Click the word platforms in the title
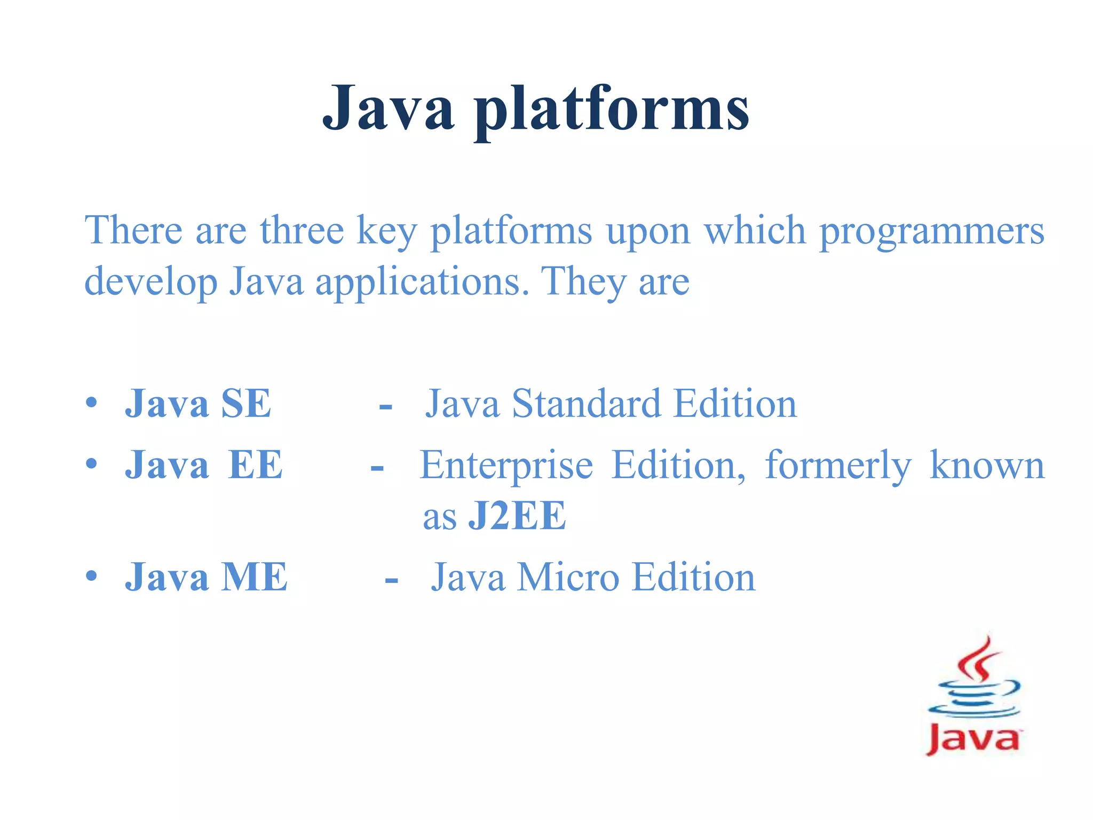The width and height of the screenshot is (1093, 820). click(612, 109)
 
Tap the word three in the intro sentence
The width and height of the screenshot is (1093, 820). click(302, 230)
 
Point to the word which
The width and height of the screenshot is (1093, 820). click(755, 230)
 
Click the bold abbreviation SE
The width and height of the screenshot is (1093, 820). click(246, 404)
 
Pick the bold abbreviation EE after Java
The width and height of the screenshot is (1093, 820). click(255, 465)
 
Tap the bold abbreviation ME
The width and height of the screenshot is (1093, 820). click(254, 578)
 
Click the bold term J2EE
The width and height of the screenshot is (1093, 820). click(517, 516)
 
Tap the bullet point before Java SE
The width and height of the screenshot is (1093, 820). click(91, 403)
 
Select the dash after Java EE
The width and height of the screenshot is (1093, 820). click(377, 468)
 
